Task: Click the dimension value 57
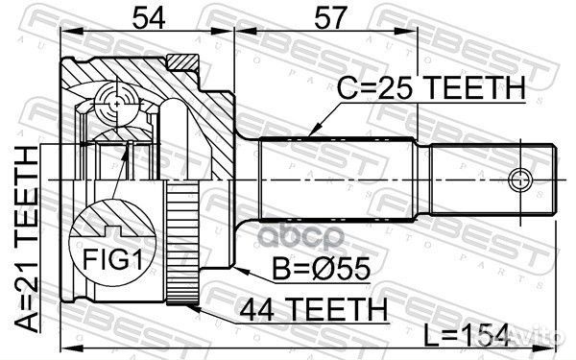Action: click(325, 16)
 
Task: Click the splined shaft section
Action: click(336, 178)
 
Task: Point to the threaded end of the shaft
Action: click(494, 178)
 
